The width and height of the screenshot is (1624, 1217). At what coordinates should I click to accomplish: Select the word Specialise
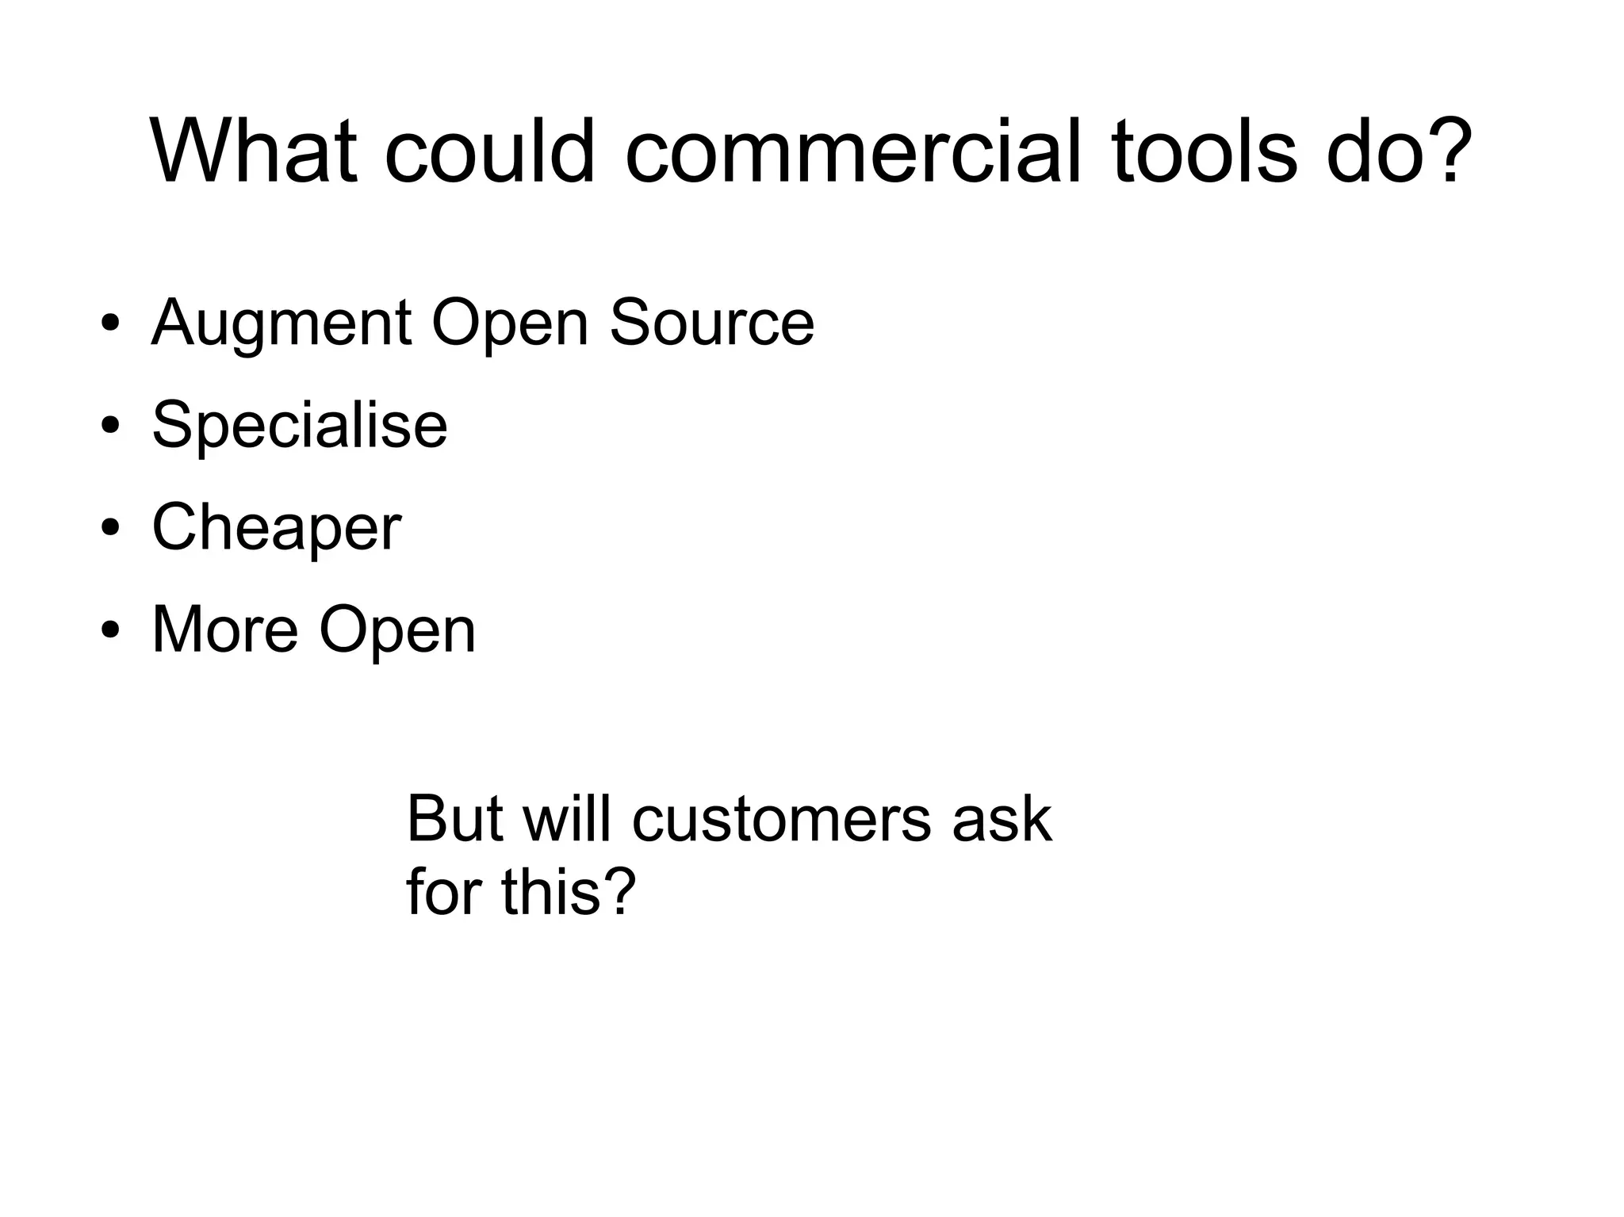click(299, 425)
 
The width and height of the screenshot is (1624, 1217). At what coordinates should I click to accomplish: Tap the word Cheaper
click(276, 527)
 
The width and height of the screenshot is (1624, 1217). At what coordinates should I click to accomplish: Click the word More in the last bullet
click(225, 630)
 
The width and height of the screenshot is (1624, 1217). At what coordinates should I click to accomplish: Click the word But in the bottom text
click(454, 818)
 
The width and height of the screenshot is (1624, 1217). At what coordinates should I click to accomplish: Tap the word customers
click(781, 818)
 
